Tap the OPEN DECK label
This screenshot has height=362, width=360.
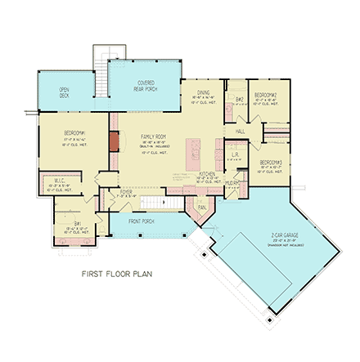coord(63,92)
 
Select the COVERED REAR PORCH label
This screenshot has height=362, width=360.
coord(146,85)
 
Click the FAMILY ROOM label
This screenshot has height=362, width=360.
coord(153,136)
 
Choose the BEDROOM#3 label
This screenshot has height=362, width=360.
coord(272,163)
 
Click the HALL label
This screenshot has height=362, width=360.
coord(241,131)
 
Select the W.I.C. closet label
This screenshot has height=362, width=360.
coord(60,181)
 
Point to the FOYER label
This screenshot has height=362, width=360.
coord(126,192)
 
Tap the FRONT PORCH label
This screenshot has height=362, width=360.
coord(141,221)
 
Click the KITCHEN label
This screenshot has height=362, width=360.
coord(207,174)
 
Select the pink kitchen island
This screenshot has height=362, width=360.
coord(195,150)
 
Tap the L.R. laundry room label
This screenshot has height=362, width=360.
coord(235,154)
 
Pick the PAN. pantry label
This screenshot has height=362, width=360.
coord(200,208)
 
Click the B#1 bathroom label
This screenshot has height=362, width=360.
coord(77,221)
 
